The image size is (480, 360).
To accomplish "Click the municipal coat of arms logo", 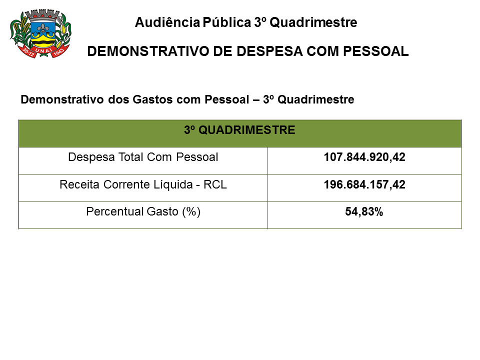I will [x=40, y=33].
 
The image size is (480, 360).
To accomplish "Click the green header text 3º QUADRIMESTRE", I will [x=239, y=130].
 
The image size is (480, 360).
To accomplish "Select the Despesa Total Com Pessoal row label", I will [x=143, y=157].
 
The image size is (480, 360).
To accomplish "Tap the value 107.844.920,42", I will [x=364, y=157].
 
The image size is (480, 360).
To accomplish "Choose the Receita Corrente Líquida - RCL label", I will [x=143, y=184].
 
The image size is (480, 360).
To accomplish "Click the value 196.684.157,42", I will [x=364, y=184].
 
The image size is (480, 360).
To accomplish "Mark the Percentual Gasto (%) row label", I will [x=143, y=211].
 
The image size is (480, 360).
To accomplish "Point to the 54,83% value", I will [x=364, y=211].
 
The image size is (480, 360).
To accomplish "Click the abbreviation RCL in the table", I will [x=216, y=184].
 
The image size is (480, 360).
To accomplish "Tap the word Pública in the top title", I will [x=226, y=22].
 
